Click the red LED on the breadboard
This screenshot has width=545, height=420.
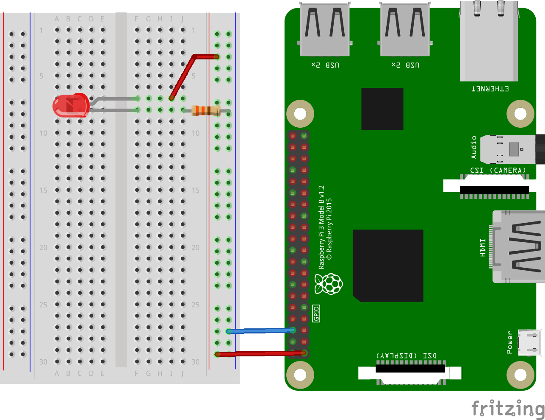point(70,106)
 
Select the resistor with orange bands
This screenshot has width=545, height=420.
point(206,111)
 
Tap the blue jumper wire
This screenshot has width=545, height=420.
point(260,330)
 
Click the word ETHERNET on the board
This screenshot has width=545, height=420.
point(490,89)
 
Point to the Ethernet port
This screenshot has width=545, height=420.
point(489,42)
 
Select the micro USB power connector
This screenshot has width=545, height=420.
point(530,342)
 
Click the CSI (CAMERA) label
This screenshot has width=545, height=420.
point(498,170)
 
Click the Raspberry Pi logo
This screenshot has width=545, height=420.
point(329,284)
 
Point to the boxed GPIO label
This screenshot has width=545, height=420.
point(316,314)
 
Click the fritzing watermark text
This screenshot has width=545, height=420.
point(508,409)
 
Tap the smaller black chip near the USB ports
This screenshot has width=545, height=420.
point(382,109)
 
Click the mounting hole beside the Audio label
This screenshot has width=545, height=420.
point(520,114)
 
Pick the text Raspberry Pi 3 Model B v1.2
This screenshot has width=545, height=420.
point(321,227)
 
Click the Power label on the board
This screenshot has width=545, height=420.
point(510,343)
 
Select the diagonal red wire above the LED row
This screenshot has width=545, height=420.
point(182,77)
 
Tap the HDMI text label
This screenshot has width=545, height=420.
point(483,247)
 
